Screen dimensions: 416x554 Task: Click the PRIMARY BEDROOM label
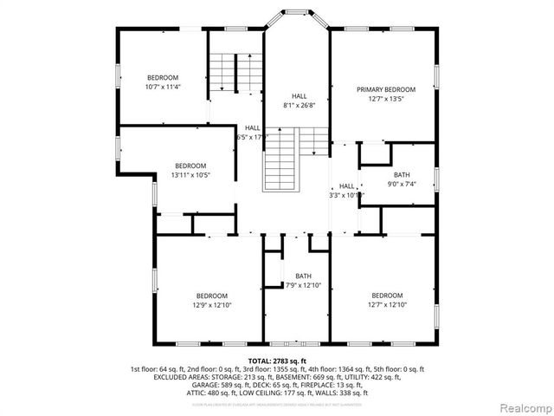[386, 89]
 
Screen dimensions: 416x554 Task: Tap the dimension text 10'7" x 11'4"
[162, 87]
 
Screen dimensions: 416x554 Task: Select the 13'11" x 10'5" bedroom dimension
[190, 175]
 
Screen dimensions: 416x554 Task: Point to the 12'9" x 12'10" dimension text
[211, 304]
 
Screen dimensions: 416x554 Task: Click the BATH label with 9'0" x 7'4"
[401, 175]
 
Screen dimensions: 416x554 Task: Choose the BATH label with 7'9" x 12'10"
[303, 276]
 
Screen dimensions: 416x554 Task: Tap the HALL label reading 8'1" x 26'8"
[299, 96]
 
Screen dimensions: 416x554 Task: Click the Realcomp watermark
[517, 406]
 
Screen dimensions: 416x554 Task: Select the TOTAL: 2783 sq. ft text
[277, 360]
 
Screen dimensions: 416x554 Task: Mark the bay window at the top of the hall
[296, 17]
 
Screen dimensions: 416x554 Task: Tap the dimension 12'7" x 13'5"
[386, 98]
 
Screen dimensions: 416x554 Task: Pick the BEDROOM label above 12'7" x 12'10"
[387, 295]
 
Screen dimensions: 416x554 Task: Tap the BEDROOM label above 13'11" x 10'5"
[190, 166]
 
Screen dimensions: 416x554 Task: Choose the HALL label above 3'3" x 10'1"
[346, 185]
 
